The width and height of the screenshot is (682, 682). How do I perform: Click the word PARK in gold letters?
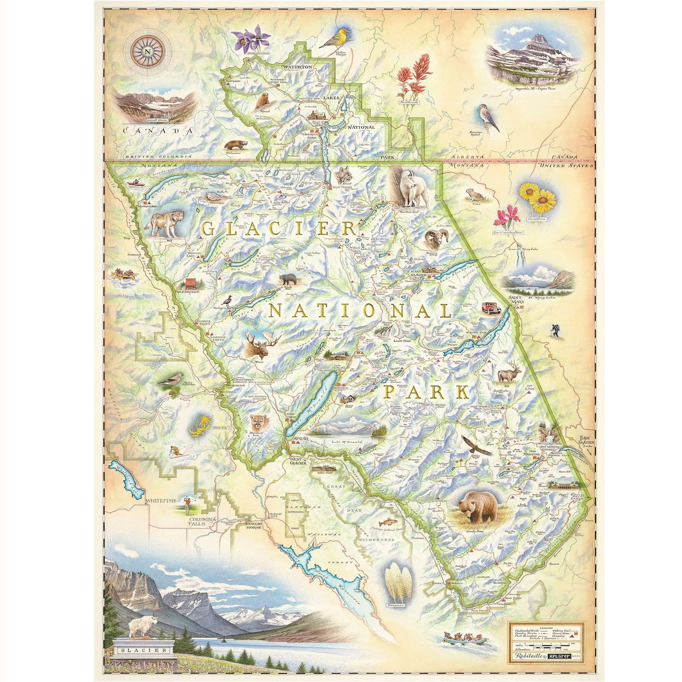point(425,392)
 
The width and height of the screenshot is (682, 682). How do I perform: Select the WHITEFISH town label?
point(160,501)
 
